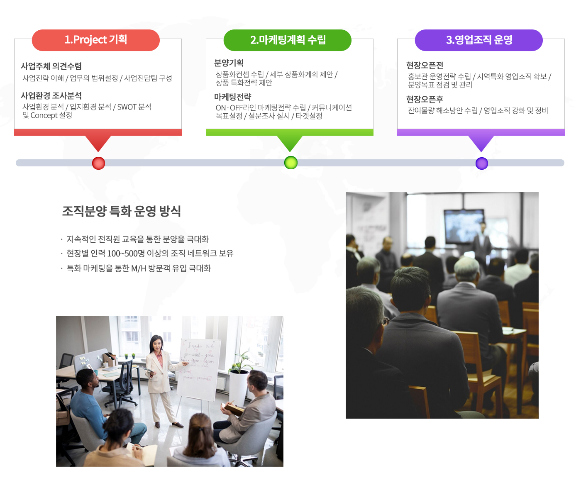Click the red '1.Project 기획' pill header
[96, 40]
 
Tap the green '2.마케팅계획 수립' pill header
[287, 40]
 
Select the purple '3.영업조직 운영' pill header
[478, 40]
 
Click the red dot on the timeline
[98, 163]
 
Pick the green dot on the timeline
[290, 163]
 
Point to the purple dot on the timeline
[481, 163]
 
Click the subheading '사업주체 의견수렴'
[51, 66]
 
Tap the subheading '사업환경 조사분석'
[51, 95]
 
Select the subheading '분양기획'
[229, 63]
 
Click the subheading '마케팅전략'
[232, 97]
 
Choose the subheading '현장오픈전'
[425, 65]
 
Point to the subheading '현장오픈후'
[425, 99]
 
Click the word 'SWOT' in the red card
[127, 107]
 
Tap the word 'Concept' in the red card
[44, 115]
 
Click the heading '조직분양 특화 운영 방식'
[122, 211]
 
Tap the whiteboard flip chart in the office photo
[198, 370]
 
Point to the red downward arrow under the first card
[98, 143]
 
